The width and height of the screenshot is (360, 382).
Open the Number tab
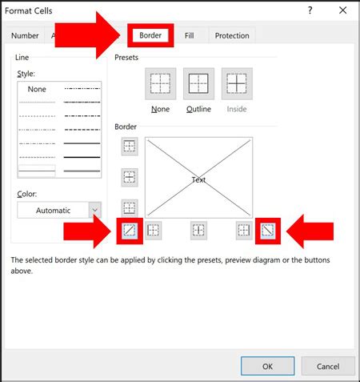(25, 35)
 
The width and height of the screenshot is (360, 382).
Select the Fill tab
(189, 35)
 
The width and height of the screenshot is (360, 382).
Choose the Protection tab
(232, 35)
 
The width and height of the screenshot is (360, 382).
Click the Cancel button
(328, 366)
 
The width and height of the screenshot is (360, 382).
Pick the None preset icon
(160, 83)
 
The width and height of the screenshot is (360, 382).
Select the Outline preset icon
(199, 83)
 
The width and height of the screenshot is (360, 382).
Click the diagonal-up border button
(129, 230)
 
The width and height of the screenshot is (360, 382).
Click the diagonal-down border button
(268, 230)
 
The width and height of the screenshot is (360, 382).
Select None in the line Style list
(37, 89)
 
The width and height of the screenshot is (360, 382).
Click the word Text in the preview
(198, 179)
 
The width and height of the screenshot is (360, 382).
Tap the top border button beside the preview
(129, 147)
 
